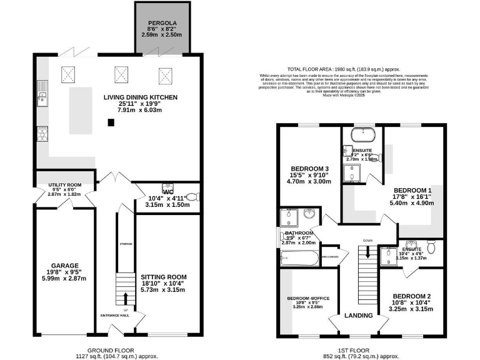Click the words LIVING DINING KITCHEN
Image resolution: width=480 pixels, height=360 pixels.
click(131, 97)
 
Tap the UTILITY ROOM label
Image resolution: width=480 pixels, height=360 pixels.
click(64, 186)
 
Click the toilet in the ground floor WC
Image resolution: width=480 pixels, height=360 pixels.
click(194, 196)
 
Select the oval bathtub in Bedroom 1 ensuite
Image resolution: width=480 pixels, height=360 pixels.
click(362, 135)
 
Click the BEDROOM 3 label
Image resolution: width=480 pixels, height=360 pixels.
click(309, 169)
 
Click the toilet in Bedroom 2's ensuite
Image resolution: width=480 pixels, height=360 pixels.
click(431, 245)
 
